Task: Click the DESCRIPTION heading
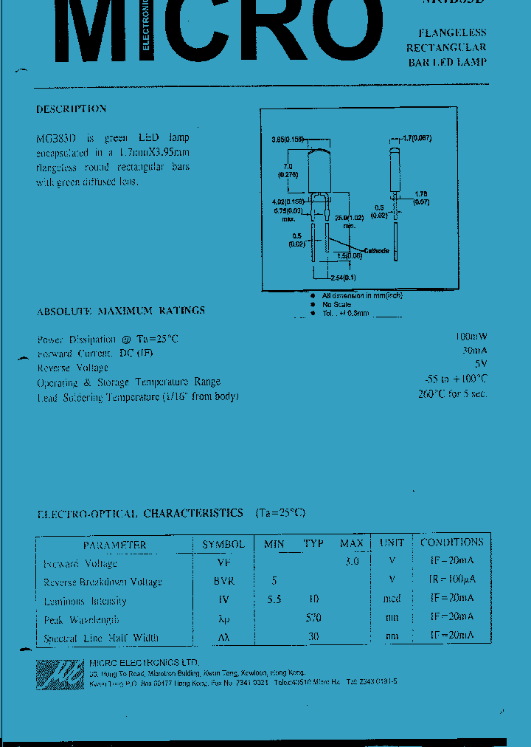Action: click(71, 109)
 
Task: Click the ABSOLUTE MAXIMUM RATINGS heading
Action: click(121, 311)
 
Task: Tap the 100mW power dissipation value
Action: click(471, 338)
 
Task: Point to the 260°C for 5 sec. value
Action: click(452, 393)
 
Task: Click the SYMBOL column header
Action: click(223, 544)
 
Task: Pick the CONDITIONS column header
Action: click(451, 543)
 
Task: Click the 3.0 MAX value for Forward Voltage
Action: click(351, 562)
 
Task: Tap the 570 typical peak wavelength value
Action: click(313, 618)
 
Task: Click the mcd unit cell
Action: click(392, 599)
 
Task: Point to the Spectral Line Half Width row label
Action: click(100, 638)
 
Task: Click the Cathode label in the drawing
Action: click(375, 251)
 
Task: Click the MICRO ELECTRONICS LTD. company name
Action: click(143, 662)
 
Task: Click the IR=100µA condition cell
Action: click(451, 581)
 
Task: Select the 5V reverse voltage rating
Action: click(480, 365)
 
